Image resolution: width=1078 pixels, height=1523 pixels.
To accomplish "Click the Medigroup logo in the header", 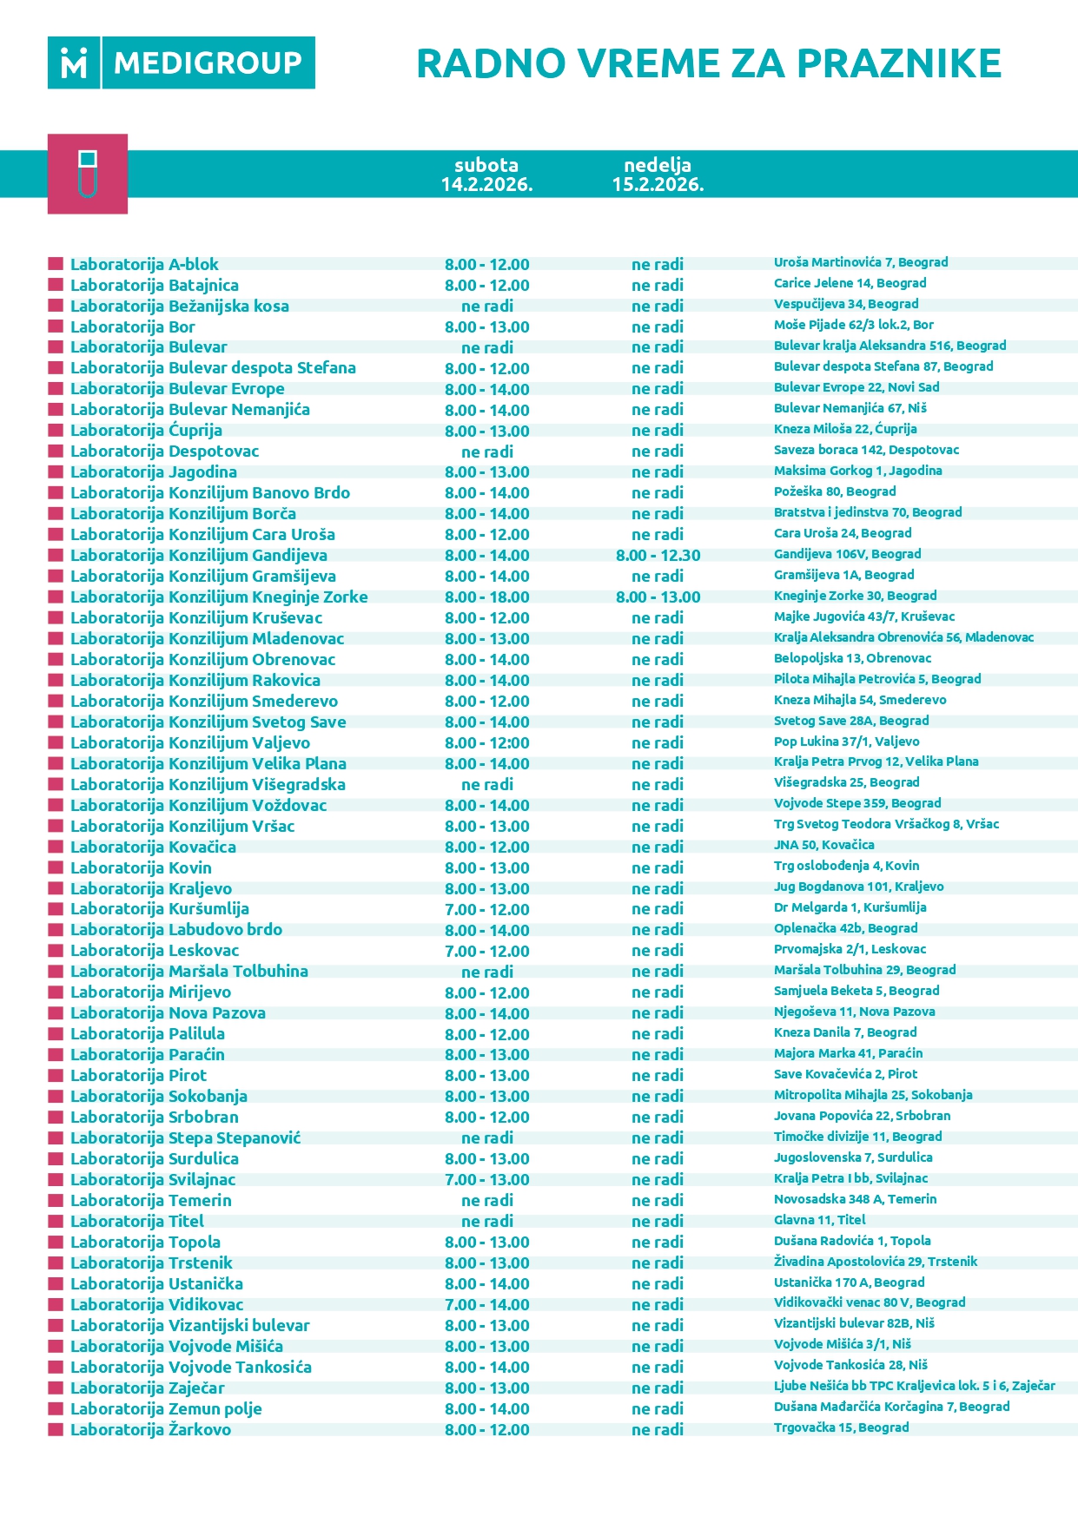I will [x=181, y=63].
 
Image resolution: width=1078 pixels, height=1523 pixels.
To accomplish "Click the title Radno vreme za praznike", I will [x=708, y=63].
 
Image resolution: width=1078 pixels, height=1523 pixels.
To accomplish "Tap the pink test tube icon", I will [x=88, y=174].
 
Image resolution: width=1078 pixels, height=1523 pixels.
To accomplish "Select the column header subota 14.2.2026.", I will [x=486, y=175].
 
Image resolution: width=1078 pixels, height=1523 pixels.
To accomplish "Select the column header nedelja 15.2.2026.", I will [x=658, y=175].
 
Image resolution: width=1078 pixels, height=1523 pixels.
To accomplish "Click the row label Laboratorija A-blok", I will [x=144, y=264].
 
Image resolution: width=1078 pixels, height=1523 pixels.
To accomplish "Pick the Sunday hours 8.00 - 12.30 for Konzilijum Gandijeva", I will [x=658, y=556].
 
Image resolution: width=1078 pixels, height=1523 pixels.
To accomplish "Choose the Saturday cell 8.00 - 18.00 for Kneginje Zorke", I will [x=486, y=597].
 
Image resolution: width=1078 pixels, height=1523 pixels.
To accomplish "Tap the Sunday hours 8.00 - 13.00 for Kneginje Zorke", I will [x=658, y=597].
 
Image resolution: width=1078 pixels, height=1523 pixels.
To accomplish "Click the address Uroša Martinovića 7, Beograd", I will [x=860, y=262].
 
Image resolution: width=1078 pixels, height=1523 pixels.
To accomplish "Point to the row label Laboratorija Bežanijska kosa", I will [x=179, y=306].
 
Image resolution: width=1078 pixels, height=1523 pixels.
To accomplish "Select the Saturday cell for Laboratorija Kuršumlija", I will [x=486, y=909].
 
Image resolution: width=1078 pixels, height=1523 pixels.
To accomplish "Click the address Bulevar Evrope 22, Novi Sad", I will [x=856, y=387].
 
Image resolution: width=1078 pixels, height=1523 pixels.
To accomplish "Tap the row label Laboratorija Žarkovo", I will [x=150, y=1429].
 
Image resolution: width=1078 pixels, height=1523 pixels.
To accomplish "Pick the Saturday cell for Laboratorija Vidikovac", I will [x=486, y=1304].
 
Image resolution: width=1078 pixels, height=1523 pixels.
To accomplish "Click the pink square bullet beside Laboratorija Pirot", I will [x=56, y=1075].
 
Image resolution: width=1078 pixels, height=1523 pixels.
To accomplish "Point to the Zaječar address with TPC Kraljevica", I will [x=914, y=1386].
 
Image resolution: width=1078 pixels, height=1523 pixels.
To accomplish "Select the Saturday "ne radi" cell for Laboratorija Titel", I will [x=486, y=1221].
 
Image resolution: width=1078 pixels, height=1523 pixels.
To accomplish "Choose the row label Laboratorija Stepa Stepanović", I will [x=185, y=1137].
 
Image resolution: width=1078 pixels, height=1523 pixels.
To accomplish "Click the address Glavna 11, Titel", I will [x=819, y=1220].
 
